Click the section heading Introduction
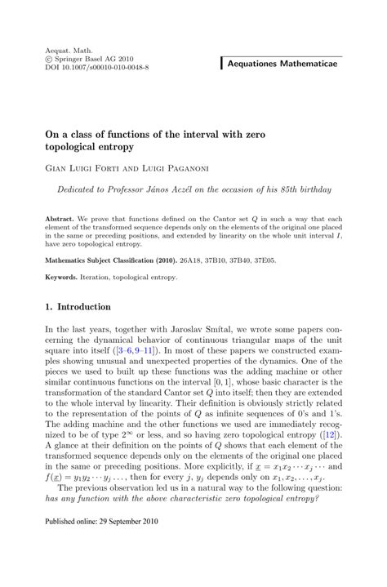[x=89, y=307]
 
